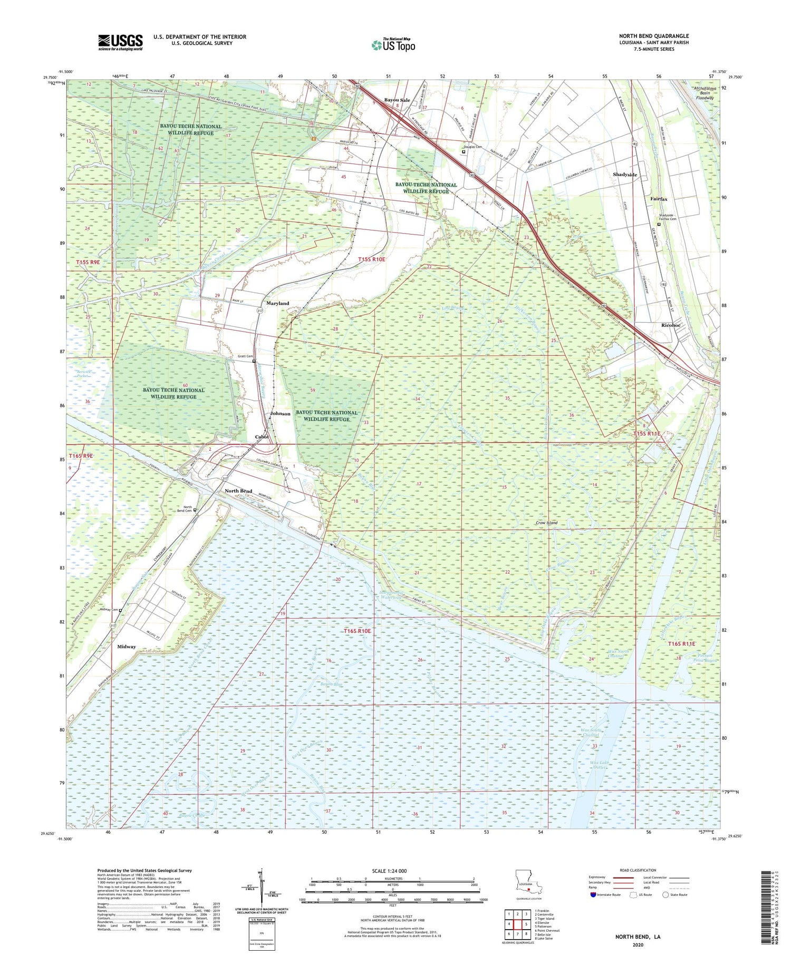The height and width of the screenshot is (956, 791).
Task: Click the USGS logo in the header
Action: coord(120,42)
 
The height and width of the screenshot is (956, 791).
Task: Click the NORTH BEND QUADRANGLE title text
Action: coord(653,36)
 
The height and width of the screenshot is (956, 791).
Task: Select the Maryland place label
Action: coord(277,303)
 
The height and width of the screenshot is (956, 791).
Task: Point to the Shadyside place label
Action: coord(625,175)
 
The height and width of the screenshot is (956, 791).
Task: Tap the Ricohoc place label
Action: coord(671,325)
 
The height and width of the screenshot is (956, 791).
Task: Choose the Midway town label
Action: coord(127,646)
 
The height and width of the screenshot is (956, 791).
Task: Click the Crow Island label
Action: coord(546,523)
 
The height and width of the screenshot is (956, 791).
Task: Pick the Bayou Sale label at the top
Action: coord(397,100)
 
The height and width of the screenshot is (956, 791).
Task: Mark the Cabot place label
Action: coord(262,437)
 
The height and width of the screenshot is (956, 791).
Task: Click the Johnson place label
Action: coord(280,414)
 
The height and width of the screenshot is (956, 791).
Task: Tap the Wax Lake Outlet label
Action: coord(596,765)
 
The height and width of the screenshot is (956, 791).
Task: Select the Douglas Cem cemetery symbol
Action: coord(464,152)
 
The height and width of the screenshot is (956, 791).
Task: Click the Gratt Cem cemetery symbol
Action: coord(254,362)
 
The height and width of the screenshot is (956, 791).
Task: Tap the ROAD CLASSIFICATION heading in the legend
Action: coord(638,870)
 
